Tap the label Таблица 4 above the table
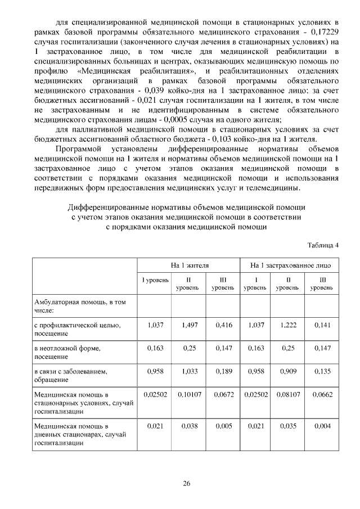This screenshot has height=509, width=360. [323, 245]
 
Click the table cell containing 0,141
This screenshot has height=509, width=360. [322, 325]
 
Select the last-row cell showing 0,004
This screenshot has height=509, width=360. [322, 426]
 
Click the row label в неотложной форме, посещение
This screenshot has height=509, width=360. [67, 352]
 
